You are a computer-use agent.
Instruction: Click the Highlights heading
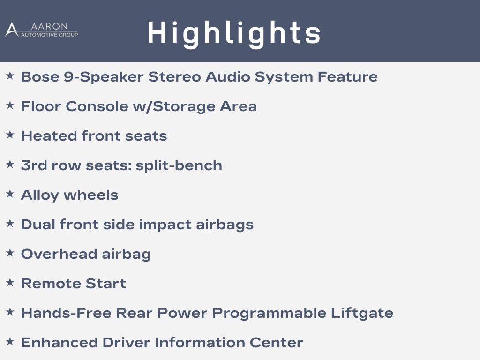coord(234,34)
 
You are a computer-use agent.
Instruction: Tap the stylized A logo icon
coord(12,30)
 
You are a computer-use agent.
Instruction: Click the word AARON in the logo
coord(49,26)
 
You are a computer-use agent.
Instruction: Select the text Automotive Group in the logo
coord(49,35)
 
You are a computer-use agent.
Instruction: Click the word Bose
coord(40,76)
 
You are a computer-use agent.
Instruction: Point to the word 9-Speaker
coord(104,77)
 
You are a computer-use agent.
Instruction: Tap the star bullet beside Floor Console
coord(10,105)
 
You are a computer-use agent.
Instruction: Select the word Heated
coord(49,135)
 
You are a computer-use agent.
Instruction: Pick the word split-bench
coord(179,165)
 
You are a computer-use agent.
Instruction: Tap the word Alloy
coord(40,195)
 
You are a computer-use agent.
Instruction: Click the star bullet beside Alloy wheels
coord(10,194)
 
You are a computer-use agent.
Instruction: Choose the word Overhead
coord(59,254)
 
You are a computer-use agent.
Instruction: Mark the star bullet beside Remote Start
coord(10,282)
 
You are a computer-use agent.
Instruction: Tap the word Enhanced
coord(59,343)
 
